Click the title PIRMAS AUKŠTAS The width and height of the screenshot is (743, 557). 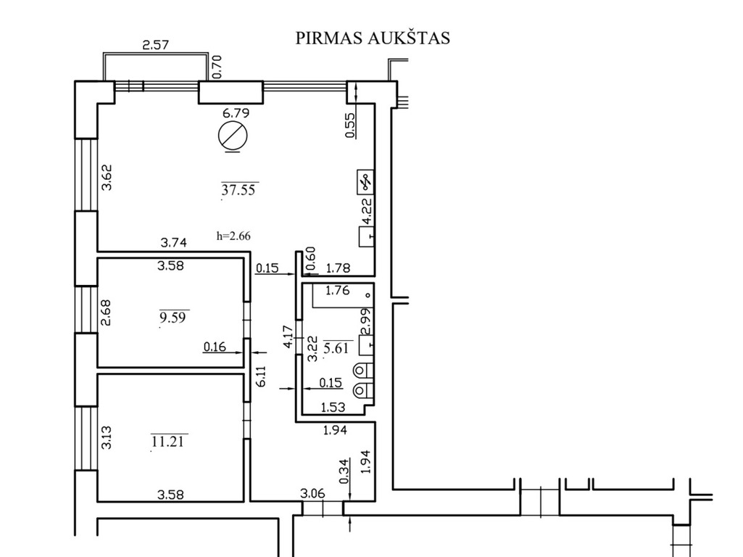pyautogui.click(x=373, y=38)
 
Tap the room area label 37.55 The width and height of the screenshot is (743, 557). pyautogui.click(x=238, y=190)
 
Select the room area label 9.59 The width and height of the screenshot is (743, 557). pyautogui.click(x=173, y=317)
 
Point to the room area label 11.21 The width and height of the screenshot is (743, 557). pyautogui.click(x=168, y=442)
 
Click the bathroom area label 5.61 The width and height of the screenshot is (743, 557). pyautogui.click(x=336, y=348)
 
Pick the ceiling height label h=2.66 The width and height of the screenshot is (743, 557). pyautogui.click(x=233, y=236)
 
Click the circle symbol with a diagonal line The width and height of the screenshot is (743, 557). pyautogui.click(x=233, y=136)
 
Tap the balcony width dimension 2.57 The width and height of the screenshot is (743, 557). pyautogui.click(x=155, y=45)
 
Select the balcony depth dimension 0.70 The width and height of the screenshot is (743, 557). pyautogui.click(x=217, y=67)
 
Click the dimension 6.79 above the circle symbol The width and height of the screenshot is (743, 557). pyautogui.click(x=236, y=113)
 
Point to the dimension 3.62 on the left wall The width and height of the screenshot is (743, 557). pyautogui.click(x=107, y=177)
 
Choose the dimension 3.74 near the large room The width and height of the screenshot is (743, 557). pyautogui.click(x=173, y=243)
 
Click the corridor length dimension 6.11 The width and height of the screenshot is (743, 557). pyautogui.click(x=261, y=376)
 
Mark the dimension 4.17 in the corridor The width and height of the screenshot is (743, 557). pyautogui.click(x=288, y=337)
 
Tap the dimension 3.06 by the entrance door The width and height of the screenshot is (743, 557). pyautogui.click(x=312, y=493)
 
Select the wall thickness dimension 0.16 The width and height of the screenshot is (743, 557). pyautogui.click(x=215, y=347)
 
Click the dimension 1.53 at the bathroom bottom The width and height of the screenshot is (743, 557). pyautogui.click(x=333, y=407)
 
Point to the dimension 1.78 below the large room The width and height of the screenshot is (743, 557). pyautogui.click(x=339, y=268)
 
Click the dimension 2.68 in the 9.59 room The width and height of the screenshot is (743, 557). pyautogui.click(x=106, y=313)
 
